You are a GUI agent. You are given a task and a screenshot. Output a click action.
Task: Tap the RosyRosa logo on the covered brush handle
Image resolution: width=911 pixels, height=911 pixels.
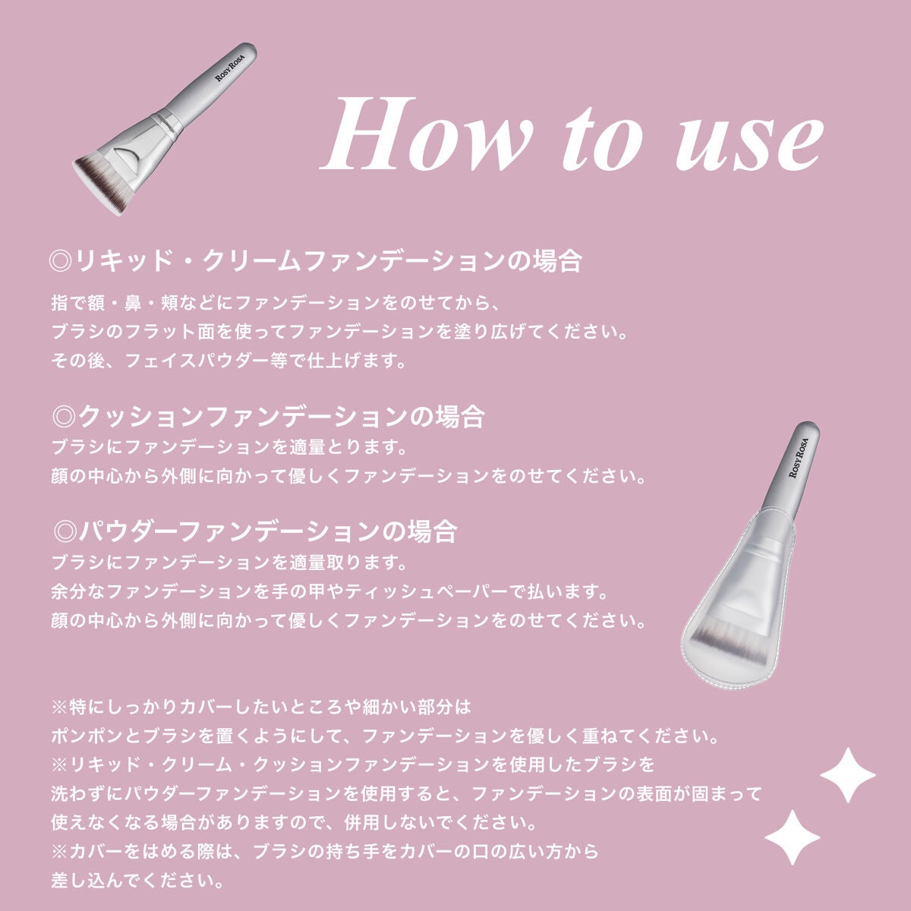pyautogui.click(x=798, y=458)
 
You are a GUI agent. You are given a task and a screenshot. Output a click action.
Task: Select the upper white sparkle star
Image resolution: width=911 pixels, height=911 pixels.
pyautogui.click(x=847, y=775)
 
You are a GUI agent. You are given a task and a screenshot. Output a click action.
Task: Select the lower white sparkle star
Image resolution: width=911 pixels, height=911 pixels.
pyautogui.click(x=792, y=837)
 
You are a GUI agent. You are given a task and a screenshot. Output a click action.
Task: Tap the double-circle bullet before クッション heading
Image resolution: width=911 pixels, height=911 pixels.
pyautogui.click(x=65, y=417)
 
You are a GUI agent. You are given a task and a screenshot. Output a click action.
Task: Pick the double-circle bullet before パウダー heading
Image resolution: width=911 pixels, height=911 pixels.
pyautogui.click(x=65, y=532)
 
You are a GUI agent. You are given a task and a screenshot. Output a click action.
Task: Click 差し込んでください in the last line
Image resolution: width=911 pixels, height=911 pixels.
pyautogui.click(x=137, y=881)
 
